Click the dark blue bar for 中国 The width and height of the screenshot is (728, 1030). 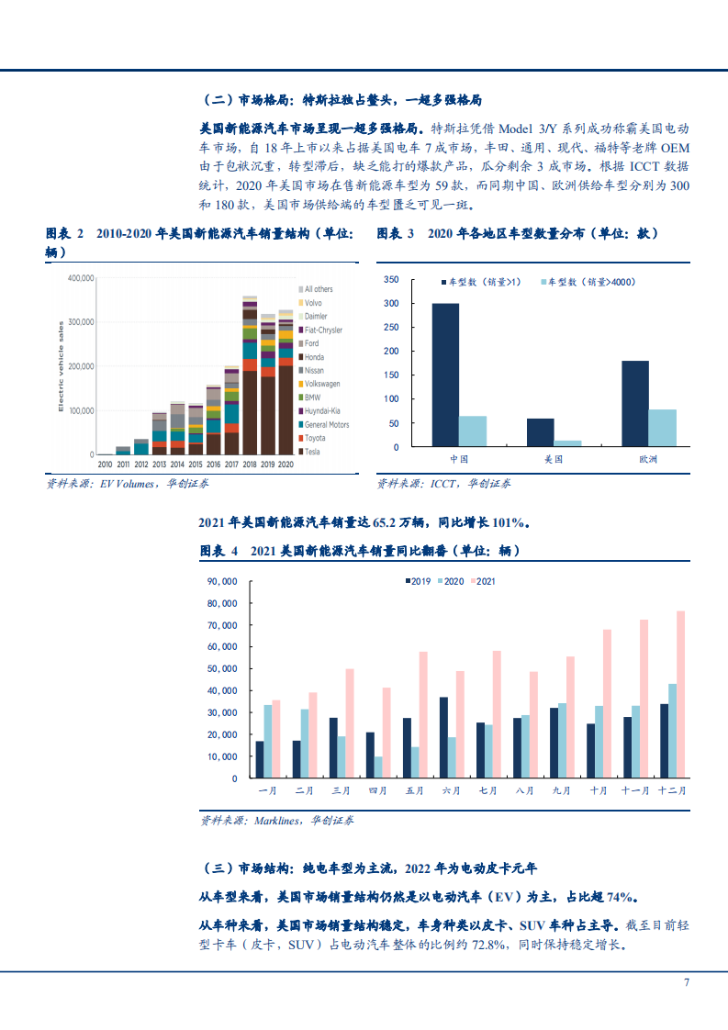[445, 375]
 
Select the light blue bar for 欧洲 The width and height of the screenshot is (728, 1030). [661, 428]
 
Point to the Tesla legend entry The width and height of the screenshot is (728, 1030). [313, 452]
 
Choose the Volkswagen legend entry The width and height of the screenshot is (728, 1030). [321, 384]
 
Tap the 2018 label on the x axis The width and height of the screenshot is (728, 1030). [249, 465]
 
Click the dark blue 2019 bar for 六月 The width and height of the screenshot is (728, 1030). [443, 737]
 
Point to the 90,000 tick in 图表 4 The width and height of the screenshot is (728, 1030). [223, 581]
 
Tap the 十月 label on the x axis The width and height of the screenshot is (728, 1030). [599, 789]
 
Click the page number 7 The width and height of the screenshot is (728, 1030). [686, 982]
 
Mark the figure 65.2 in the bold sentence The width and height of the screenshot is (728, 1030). [386, 523]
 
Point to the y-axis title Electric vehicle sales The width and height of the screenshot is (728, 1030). [61, 364]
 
